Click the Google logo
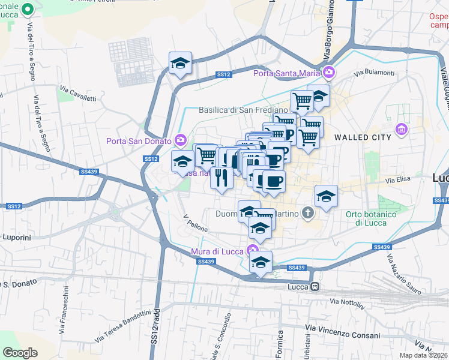point(20,353)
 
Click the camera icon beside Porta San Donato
point(181,140)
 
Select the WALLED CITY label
point(363,137)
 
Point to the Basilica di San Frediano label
point(247,110)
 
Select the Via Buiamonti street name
point(374,73)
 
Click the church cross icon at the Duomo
point(308,212)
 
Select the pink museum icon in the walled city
point(401,129)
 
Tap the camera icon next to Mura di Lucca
point(255,250)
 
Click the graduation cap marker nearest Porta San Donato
point(182,161)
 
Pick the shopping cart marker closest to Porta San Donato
point(206,155)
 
